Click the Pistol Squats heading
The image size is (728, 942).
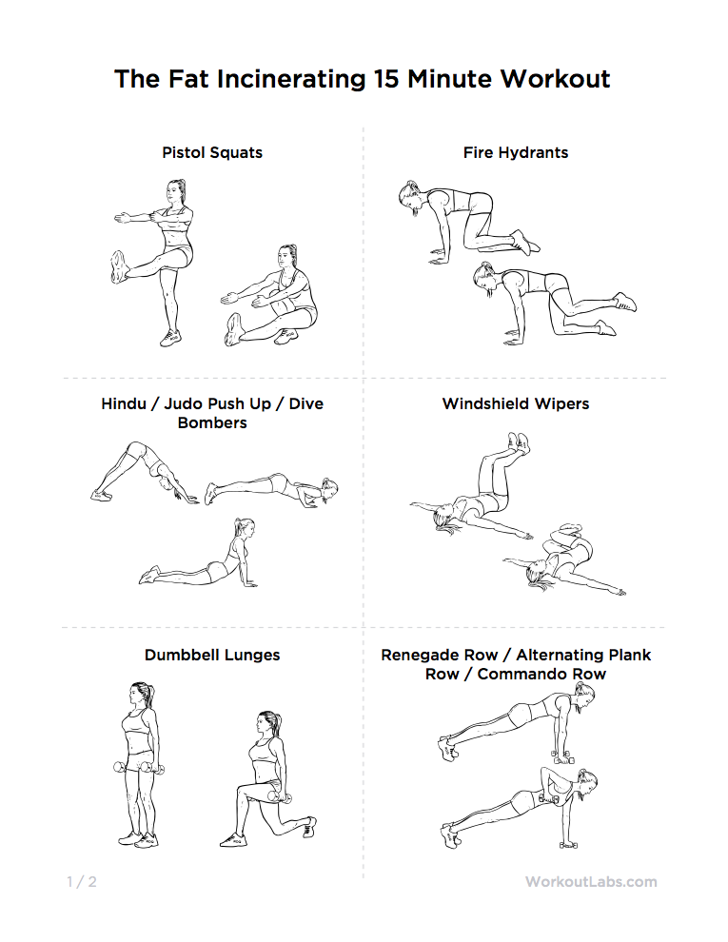(212, 152)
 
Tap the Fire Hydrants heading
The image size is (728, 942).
(516, 152)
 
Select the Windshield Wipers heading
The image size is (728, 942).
(516, 403)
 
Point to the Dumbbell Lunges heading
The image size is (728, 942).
(212, 655)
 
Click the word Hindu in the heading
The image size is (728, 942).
(125, 403)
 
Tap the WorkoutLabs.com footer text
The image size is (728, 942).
(591, 881)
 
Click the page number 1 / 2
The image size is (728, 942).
(82, 881)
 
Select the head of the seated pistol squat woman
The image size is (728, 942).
(287, 257)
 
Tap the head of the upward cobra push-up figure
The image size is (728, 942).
(243, 530)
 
